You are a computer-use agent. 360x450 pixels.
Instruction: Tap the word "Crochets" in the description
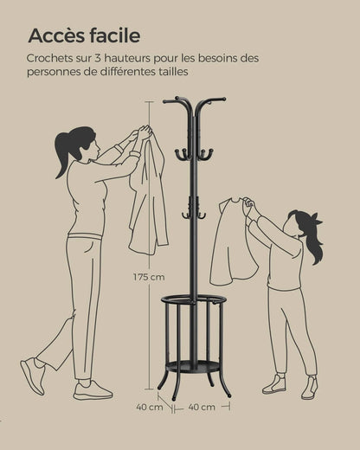(x=50, y=58)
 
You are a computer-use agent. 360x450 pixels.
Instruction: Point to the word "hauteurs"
(x=141, y=58)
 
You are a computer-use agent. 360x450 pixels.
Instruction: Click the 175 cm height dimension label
(x=150, y=278)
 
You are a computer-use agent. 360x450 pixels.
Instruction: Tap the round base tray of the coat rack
(x=195, y=367)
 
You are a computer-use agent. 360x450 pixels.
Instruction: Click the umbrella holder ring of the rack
(x=195, y=300)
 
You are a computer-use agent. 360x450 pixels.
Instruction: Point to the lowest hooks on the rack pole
(x=194, y=213)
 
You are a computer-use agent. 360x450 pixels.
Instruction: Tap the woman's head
(x=81, y=142)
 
